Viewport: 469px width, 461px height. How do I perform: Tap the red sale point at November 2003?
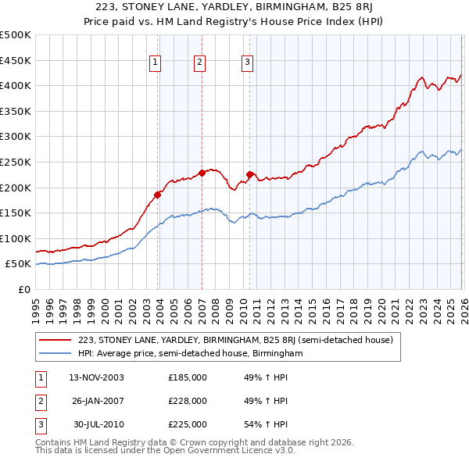[x=157, y=195]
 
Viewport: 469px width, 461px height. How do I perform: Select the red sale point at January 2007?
[x=202, y=173]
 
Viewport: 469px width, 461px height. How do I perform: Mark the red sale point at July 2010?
[x=250, y=174]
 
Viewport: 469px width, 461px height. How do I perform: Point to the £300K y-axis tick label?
[x=16, y=137]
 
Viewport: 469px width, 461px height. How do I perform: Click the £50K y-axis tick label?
[x=19, y=264]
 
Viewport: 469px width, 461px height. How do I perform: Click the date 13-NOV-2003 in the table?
[x=96, y=377]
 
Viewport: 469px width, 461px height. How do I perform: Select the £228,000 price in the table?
[x=188, y=401]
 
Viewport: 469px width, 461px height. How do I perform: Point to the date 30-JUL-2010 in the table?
[x=98, y=424]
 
